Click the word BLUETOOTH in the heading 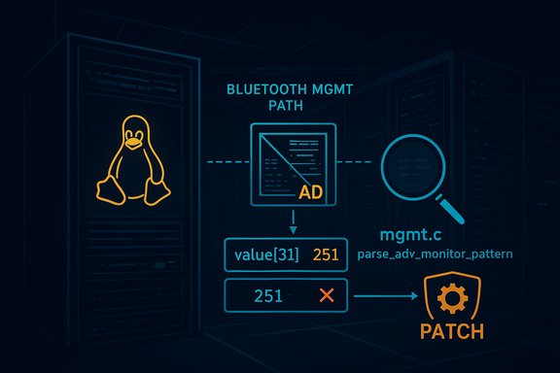click(264, 88)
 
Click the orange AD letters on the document click(310, 192)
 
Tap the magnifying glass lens click(411, 164)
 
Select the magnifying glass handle click(454, 208)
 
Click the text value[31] click(265, 254)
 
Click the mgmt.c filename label click(412, 237)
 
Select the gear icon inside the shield click(452, 297)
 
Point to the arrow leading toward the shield click(384, 296)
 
